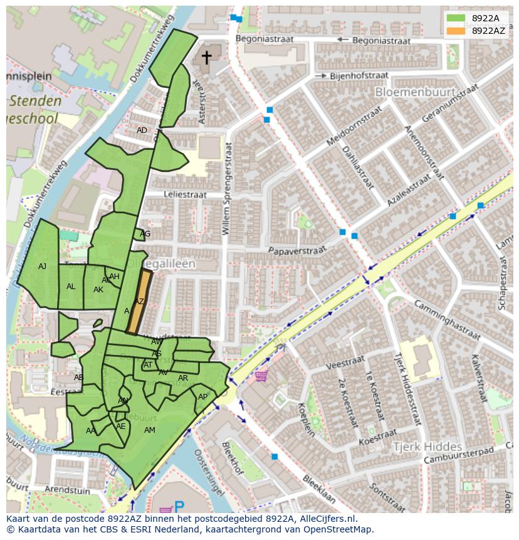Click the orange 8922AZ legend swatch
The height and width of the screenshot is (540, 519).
pyautogui.click(x=456, y=31)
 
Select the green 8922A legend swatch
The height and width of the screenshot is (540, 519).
pyautogui.click(x=456, y=18)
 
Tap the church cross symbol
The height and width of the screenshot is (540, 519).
pyautogui.click(x=206, y=58)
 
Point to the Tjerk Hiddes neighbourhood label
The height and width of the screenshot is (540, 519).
pyautogui.click(x=427, y=447)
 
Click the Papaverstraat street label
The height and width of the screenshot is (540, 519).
pyautogui.click(x=297, y=250)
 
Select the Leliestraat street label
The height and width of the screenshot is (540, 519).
pyautogui.click(x=185, y=195)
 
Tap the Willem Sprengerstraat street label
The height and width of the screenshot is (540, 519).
pyautogui.click(x=228, y=188)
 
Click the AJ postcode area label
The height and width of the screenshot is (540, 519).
pyautogui.click(x=42, y=267)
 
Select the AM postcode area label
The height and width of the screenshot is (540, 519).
pyautogui.click(x=149, y=430)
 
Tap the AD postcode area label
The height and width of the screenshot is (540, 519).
pyautogui.click(x=142, y=130)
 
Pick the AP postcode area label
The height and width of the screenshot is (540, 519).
pyautogui.click(x=202, y=397)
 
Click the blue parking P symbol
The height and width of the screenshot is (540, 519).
pyautogui.click(x=179, y=506)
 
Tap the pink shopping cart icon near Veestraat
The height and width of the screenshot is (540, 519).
pyautogui.click(x=260, y=376)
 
